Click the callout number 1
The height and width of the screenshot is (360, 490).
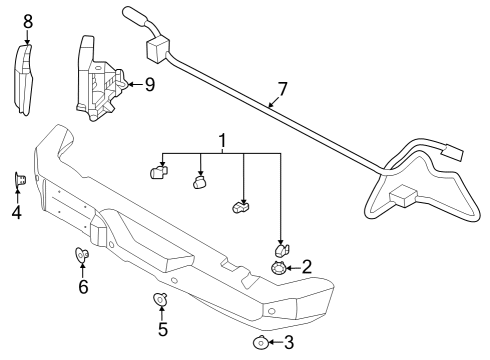(221, 142)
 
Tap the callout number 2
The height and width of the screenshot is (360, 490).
(306, 267)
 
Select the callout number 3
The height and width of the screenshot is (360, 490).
(289, 343)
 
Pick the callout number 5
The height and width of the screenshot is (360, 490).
(162, 329)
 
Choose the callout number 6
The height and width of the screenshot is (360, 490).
(83, 288)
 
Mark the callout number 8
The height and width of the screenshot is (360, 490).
(28, 20)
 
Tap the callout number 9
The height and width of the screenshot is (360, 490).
(149, 85)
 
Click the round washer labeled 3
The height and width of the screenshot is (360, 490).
(260, 343)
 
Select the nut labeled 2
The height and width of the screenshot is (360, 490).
(279, 267)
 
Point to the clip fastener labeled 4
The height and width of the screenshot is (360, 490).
(19, 180)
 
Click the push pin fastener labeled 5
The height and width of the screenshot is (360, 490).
(160, 299)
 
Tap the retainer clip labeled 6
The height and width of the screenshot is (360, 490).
(82, 256)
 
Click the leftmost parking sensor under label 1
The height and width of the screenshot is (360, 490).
(157, 173)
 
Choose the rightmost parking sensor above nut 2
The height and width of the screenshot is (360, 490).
(281, 249)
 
